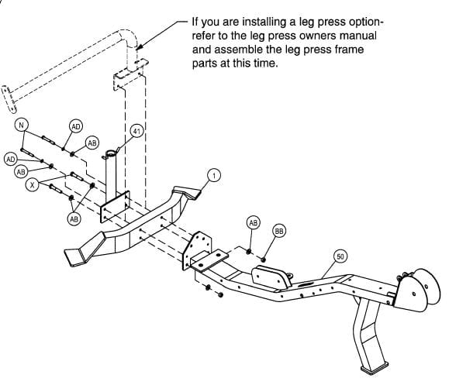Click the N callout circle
pyautogui.click(x=21, y=125)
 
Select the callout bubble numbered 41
pyautogui.click(x=137, y=131)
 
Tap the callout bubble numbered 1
pyautogui.click(x=214, y=175)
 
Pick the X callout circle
pyautogui.click(x=32, y=185)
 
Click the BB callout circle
pyautogui.click(x=279, y=231)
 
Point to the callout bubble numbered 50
pyautogui.click(x=340, y=256)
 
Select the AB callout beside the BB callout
pyautogui.click(x=253, y=222)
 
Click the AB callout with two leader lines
pyautogui.click(x=74, y=218)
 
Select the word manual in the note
pyautogui.click(x=358, y=36)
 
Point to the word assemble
pyautogui.click(x=239, y=50)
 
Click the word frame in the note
pyautogui.click(x=349, y=50)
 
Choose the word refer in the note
pyautogui.click(x=202, y=36)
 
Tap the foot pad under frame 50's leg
pyautogui.click(x=375, y=367)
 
